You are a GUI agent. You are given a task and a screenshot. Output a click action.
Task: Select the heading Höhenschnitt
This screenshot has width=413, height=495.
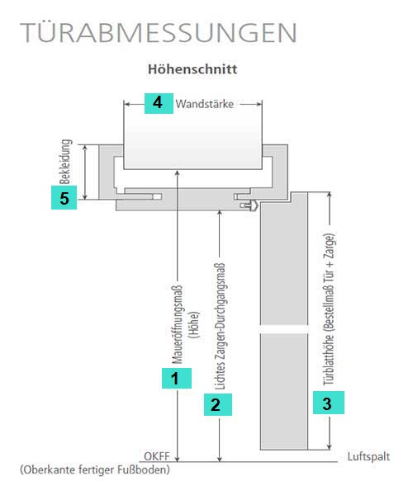click(x=192, y=68)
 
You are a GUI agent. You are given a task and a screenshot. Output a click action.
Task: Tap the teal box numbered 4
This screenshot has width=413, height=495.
click(x=159, y=103)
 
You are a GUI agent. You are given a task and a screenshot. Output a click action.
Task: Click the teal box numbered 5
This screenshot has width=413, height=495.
click(x=64, y=198)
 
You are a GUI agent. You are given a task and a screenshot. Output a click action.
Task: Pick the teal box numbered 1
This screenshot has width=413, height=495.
click(x=176, y=378)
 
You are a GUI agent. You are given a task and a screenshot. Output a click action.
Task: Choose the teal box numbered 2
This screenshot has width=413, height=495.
click(x=218, y=404)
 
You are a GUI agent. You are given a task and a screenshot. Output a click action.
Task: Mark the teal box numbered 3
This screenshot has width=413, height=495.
click(x=329, y=403)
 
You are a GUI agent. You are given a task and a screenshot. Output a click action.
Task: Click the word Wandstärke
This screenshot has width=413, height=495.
click(x=205, y=104)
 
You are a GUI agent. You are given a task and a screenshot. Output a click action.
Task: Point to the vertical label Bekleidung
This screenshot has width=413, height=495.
click(x=65, y=162)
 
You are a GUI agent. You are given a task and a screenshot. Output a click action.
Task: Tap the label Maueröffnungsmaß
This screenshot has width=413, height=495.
click(x=177, y=325)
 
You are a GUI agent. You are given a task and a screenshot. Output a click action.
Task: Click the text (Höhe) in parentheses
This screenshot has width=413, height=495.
click(x=194, y=325)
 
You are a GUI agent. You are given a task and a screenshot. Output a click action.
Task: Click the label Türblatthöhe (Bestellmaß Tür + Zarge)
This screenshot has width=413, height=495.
click(x=329, y=309)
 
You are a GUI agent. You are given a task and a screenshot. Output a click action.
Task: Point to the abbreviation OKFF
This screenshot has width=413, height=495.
click(x=157, y=456)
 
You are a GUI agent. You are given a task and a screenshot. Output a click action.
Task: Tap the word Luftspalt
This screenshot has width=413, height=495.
click(x=368, y=457)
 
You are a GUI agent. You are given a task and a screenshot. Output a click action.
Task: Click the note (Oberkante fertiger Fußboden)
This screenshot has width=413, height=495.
click(x=95, y=469)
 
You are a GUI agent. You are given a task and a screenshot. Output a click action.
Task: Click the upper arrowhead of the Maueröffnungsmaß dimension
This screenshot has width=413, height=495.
click(x=178, y=173)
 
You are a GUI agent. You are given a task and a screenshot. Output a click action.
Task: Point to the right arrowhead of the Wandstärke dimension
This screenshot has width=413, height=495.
click(x=259, y=104)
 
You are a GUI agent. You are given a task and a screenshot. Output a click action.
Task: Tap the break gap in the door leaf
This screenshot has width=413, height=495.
click(x=284, y=329)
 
